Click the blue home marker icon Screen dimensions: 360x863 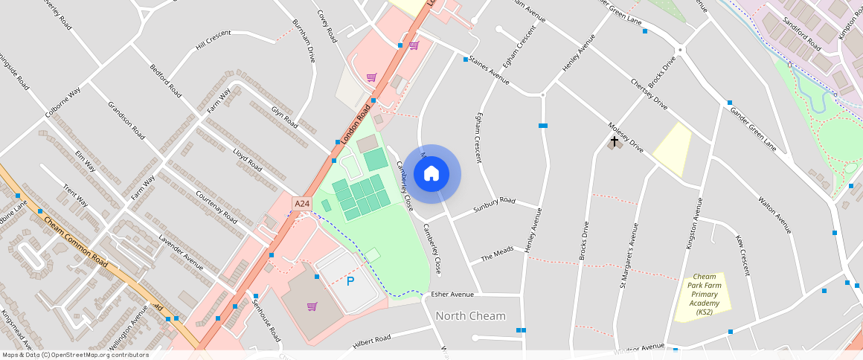click(431, 174)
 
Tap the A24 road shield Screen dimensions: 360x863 click(301, 203)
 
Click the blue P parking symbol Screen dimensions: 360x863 click(350, 281)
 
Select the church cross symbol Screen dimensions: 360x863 click(615, 140)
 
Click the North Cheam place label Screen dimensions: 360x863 click(470, 316)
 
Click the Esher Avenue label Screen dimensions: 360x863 click(452, 294)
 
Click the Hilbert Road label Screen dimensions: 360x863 click(372, 340)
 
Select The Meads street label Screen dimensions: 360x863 click(498, 257)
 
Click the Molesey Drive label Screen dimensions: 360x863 click(625, 138)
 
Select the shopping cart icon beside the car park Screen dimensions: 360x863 click(312, 306)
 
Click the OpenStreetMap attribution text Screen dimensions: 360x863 click(76, 355)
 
